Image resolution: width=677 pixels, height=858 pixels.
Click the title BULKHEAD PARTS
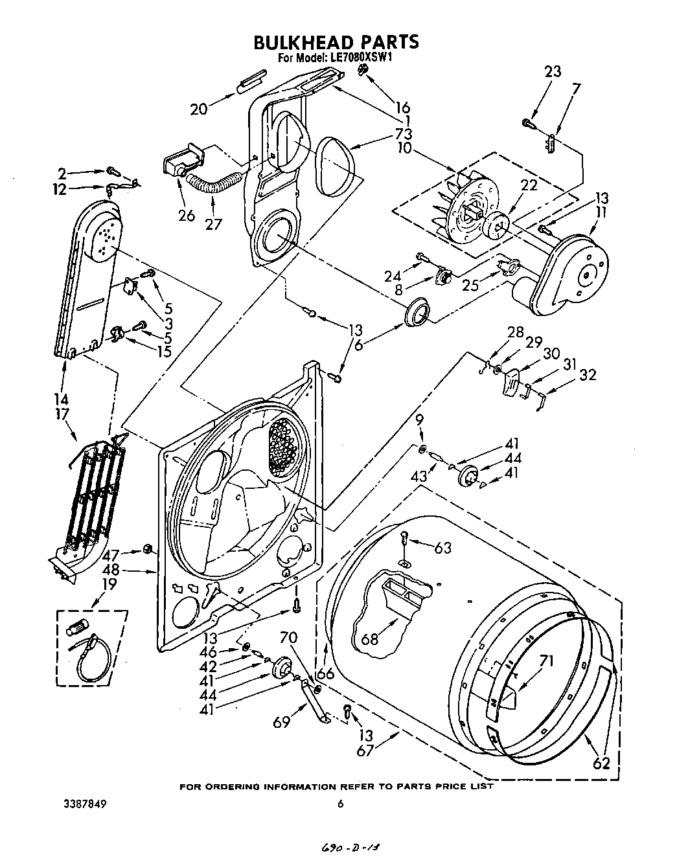[336, 42]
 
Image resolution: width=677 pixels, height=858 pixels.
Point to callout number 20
[199, 109]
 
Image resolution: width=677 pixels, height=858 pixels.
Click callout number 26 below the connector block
[187, 216]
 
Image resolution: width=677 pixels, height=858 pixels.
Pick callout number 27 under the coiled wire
[213, 225]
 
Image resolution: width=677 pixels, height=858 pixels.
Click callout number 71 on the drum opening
[547, 661]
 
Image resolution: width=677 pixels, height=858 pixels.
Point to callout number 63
[442, 548]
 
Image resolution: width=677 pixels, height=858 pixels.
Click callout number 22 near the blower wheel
[529, 185]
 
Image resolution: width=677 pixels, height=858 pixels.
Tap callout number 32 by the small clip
[588, 375]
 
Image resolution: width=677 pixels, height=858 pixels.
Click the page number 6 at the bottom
[339, 804]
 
